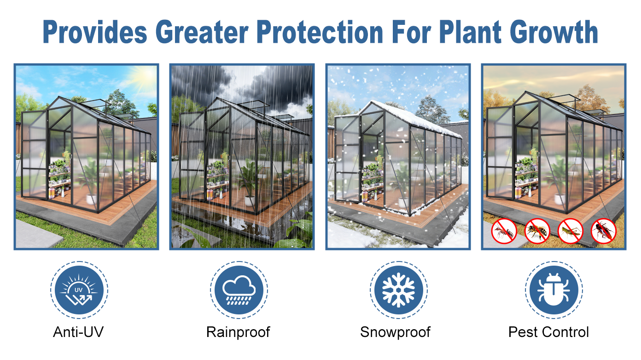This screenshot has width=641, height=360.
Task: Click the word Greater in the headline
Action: coord(202,32)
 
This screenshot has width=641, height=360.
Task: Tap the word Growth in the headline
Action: coord(554,32)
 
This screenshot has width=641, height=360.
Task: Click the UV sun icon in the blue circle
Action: coord(79,290)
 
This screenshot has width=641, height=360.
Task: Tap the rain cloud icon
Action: coord(239,290)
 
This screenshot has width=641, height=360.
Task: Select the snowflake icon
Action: coord(398,290)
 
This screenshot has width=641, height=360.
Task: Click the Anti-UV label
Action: coord(78,332)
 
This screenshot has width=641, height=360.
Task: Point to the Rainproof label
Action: coord(238,332)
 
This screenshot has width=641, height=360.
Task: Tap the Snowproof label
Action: coord(395,332)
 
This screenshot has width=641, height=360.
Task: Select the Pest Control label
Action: coord(548,332)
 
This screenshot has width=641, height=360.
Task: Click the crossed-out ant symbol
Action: coord(504,231)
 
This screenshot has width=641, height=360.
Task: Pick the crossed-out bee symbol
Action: coord(537,231)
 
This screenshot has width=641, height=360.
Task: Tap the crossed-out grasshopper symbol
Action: coord(571,231)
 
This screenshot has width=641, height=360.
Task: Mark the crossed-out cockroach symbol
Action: coord(604,231)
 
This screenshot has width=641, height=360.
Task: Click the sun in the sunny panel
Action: coord(146,75)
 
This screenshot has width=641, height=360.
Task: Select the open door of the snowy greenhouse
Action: coord(347,159)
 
